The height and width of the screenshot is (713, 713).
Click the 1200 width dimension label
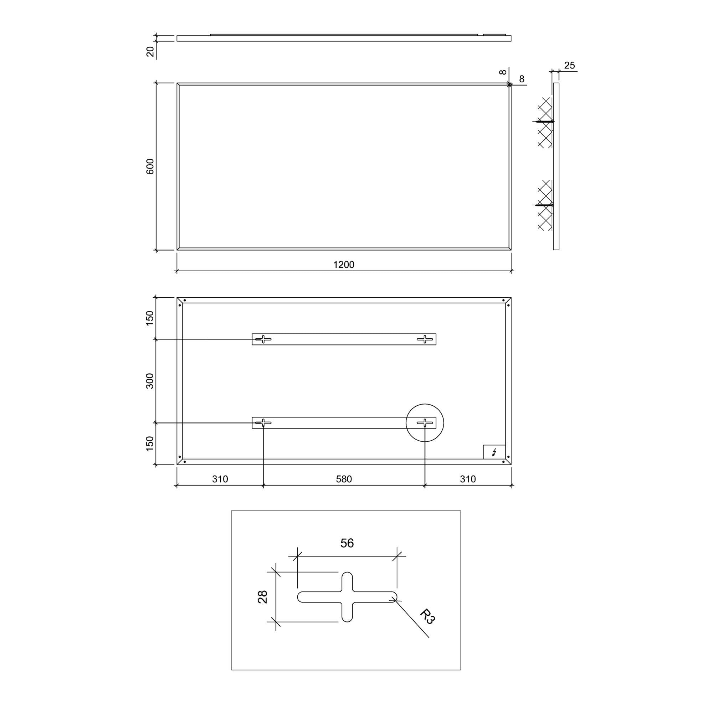(344, 265)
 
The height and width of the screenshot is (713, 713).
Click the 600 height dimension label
(150, 166)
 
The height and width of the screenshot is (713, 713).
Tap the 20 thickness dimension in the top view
(150, 51)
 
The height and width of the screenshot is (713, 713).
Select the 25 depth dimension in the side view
(569, 65)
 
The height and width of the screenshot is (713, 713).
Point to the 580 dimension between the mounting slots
(344, 479)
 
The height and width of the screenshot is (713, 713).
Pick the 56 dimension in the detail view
(347, 543)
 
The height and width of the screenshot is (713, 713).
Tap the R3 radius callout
(427, 617)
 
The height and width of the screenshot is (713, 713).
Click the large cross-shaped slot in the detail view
(347, 597)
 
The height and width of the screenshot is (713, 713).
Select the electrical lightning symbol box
(494, 452)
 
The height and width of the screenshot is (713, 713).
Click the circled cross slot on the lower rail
(425, 422)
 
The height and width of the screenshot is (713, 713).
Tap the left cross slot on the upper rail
(263, 339)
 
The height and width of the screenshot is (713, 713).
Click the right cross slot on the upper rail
(425, 339)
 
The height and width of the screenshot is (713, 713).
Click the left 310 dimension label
(220, 479)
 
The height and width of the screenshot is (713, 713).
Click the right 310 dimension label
(468, 479)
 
